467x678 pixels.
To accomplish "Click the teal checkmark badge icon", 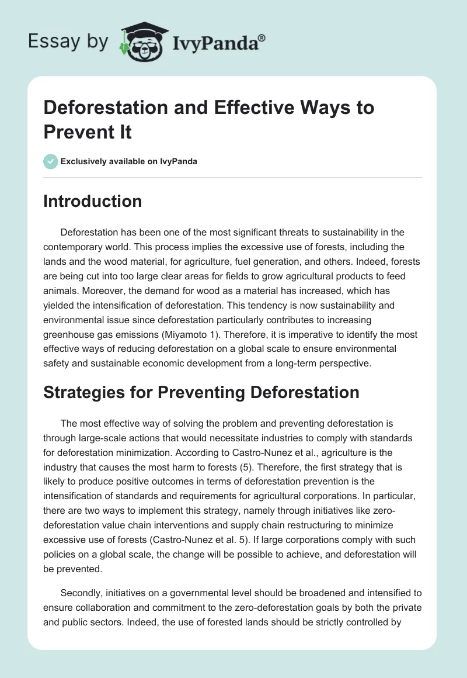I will click(51, 161).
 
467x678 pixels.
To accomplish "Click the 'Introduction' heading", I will click(92, 201).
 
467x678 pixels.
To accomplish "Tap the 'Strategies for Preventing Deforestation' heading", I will click(201, 392).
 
